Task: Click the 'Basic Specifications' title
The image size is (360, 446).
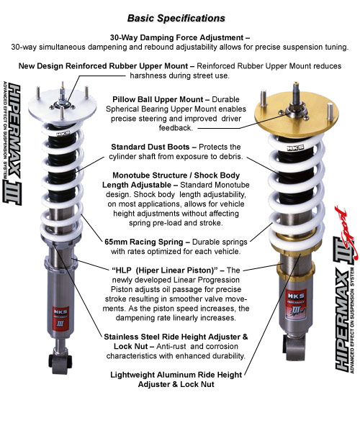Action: point(176,18)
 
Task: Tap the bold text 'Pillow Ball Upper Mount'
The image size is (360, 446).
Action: point(158,99)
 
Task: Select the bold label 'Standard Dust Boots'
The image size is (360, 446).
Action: point(150,147)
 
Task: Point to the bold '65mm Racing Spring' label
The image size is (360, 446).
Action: point(144,242)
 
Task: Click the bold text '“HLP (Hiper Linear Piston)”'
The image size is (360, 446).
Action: point(165,270)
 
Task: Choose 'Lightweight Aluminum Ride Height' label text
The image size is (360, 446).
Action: point(176,375)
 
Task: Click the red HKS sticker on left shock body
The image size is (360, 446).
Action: point(60,317)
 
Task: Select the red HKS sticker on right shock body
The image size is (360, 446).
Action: point(296,304)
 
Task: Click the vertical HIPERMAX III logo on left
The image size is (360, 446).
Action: point(12,144)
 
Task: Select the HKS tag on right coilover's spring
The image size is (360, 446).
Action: point(295,148)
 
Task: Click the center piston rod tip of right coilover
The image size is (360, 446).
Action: point(296,84)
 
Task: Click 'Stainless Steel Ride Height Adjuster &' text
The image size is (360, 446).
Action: point(176,337)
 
